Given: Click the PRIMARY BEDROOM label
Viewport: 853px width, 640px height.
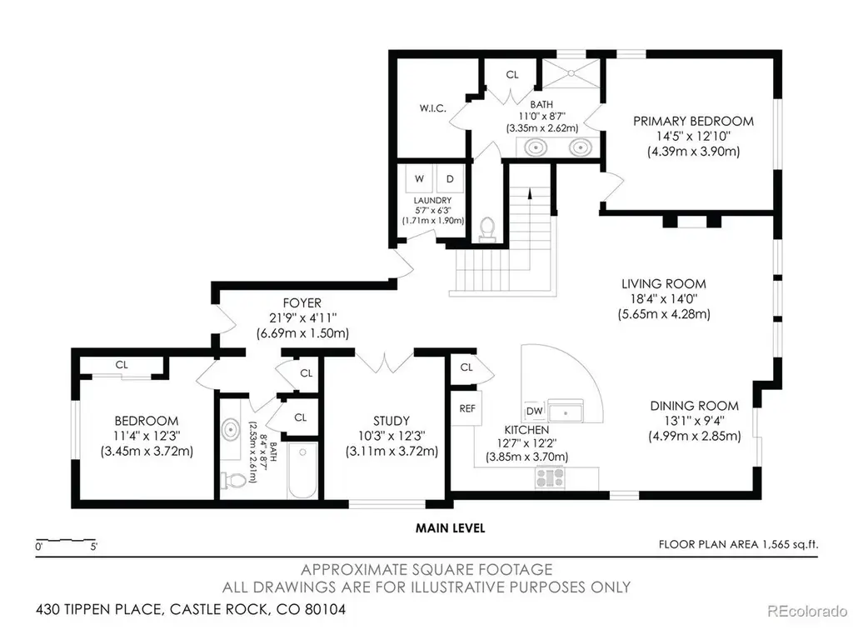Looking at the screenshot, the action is point(693,121).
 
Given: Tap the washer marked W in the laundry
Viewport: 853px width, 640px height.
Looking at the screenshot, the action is point(420,178).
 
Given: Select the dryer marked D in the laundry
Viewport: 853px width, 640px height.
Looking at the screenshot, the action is point(450,178).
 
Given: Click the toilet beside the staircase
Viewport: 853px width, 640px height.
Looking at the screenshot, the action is point(486,229).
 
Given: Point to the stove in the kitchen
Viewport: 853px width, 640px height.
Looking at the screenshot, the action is point(551,477).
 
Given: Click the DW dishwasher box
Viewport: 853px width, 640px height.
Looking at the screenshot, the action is point(535,411).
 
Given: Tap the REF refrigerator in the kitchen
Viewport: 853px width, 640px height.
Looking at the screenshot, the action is point(466,408).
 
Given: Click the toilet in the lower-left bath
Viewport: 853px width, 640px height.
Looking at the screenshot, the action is point(233,480).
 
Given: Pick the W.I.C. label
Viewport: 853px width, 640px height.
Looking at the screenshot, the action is point(432,107).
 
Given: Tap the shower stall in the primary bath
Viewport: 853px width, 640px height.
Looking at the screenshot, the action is point(571,72).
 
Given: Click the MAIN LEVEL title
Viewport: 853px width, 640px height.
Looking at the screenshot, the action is point(450,527).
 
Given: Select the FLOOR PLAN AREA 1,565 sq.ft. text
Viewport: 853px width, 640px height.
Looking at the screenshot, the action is point(738,544).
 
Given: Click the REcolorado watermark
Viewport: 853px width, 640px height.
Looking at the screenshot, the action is point(807,611).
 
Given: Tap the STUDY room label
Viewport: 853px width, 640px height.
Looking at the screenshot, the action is point(392,421).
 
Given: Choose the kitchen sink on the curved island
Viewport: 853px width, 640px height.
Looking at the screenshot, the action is point(566,411).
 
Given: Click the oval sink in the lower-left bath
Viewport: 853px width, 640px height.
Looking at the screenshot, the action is point(232,429).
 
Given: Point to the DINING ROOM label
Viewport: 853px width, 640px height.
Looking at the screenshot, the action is point(694,406).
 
